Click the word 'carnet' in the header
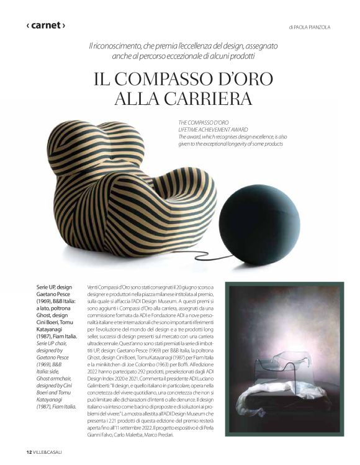[45, 25]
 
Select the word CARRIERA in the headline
[211, 99]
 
